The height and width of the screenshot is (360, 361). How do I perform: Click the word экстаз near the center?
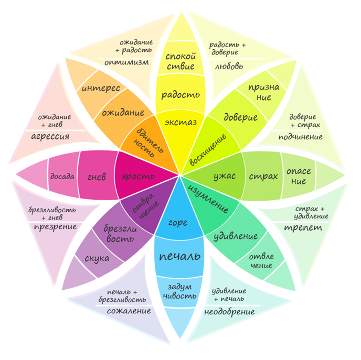[181, 123]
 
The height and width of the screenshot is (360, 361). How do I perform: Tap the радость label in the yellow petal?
[181, 94]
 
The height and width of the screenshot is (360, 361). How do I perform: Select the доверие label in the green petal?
[240, 116]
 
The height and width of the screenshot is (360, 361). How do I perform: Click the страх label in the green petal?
[263, 176]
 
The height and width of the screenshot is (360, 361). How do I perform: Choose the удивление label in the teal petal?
[236, 236]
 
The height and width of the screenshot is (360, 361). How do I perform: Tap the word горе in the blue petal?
[178, 223]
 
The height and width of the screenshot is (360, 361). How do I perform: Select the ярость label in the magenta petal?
[139, 177]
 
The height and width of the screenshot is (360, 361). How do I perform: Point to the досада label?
[62, 177]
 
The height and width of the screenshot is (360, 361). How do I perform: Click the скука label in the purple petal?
[97, 258]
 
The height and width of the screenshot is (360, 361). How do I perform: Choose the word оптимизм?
[126, 62]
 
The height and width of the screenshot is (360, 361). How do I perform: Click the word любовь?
[229, 67]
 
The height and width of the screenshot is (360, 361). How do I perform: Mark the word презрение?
[55, 226]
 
